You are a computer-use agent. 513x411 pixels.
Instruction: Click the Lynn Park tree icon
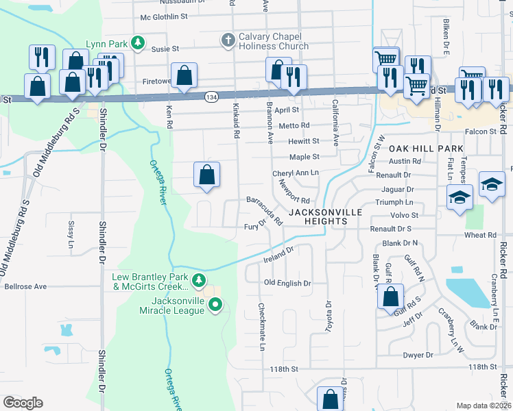[138, 43]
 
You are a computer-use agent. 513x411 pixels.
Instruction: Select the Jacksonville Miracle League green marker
[215, 305]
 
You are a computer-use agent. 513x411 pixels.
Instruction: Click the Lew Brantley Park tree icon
[199, 279]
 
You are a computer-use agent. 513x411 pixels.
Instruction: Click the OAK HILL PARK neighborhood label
[426, 148]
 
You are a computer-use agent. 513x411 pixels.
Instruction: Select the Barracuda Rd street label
[265, 211]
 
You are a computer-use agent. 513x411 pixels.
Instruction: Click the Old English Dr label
[288, 283]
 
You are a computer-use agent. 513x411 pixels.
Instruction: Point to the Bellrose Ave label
[26, 286]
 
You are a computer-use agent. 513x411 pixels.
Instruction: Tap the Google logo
[23, 402]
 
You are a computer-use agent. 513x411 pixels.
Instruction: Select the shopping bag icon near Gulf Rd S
[390, 297]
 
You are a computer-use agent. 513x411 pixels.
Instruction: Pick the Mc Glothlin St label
[164, 17]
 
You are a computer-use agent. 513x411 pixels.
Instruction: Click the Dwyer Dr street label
[418, 355]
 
